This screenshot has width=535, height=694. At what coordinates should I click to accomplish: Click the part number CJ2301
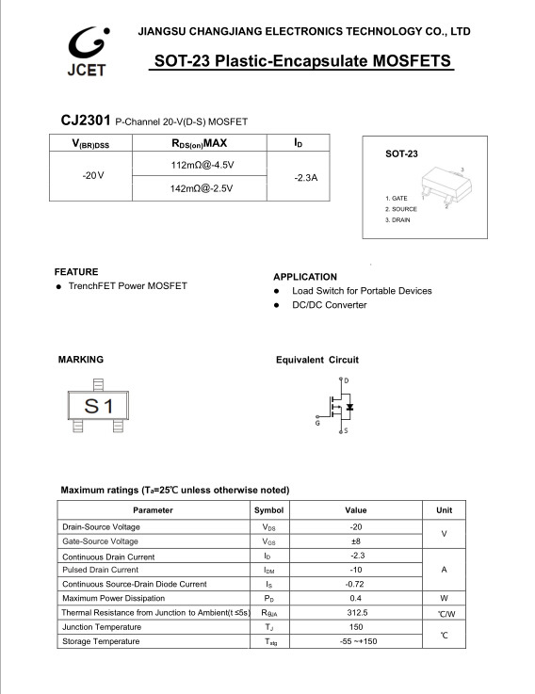tap(85, 121)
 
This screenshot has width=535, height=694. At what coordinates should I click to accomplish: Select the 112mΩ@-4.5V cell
tap(201, 165)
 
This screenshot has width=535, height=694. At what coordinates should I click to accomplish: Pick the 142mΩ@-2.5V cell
tap(201, 188)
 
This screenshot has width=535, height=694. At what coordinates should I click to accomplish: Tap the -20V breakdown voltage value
tap(92, 176)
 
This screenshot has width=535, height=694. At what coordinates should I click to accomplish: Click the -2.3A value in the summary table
tap(306, 177)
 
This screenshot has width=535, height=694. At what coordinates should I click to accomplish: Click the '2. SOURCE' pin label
tap(401, 209)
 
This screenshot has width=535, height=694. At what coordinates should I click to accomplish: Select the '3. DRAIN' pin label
tap(397, 219)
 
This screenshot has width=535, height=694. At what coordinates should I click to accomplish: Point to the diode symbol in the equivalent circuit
tap(349, 407)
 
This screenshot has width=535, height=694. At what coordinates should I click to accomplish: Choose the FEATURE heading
tap(76, 271)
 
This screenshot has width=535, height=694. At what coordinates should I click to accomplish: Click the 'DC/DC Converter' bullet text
tap(329, 305)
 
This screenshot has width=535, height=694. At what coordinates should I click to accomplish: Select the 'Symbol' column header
tap(268, 509)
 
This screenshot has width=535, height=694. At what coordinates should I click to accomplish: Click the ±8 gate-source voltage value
tap(356, 541)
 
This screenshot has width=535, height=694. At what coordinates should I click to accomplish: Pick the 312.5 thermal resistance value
tap(356, 612)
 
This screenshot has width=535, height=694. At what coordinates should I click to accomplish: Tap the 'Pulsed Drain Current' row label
tap(100, 570)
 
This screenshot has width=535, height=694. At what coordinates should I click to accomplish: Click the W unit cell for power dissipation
tap(444, 598)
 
